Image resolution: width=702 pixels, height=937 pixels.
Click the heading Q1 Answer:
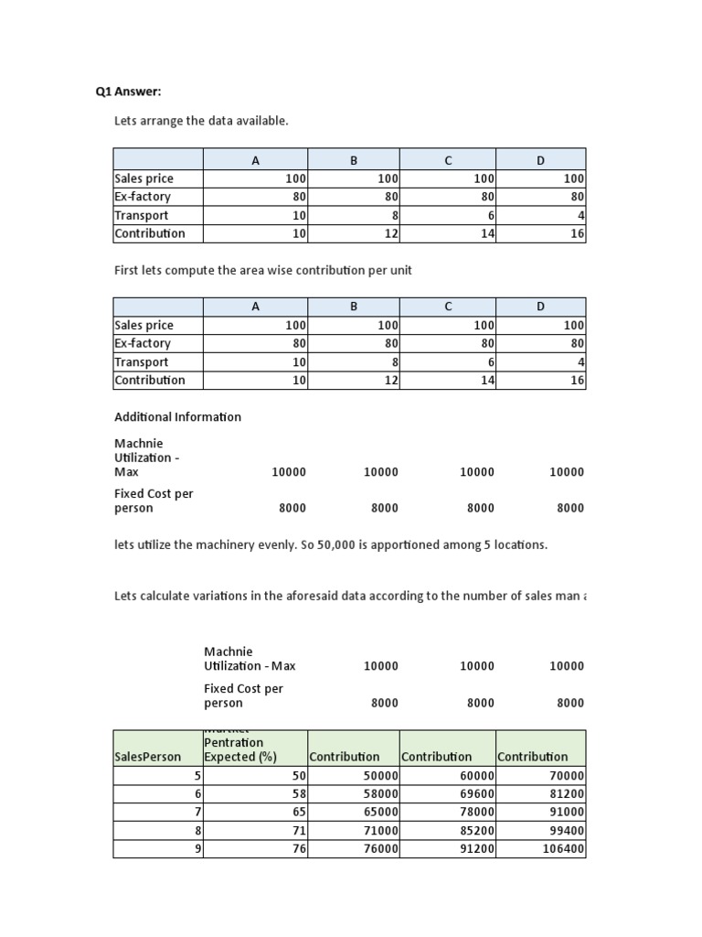[x=128, y=92]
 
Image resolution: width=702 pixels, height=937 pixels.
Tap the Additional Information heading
[x=177, y=416]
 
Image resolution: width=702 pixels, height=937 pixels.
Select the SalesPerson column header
[x=147, y=757]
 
